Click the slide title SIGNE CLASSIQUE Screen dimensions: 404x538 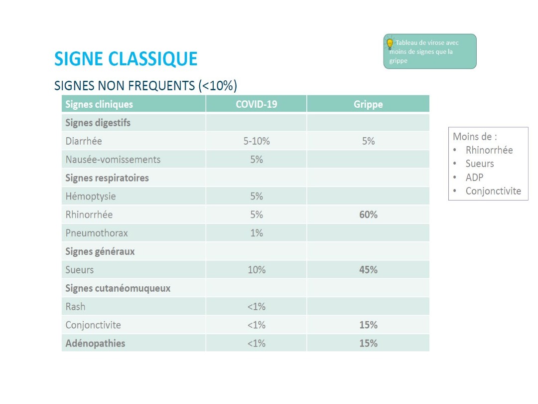(x=126, y=59)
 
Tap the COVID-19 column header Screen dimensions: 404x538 (x=256, y=104)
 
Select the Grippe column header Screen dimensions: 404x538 (x=368, y=104)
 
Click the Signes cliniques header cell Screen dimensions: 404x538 (x=99, y=104)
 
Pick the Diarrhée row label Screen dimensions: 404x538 (x=84, y=141)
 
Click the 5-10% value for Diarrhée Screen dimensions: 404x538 (x=256, y=141)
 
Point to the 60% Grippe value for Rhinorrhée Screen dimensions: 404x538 (x=368, y=214)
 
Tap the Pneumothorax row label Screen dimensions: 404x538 (x=97, y=233)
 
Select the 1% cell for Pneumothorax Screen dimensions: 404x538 (x=256, y=233)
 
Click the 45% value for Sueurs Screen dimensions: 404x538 (x=368, y=270)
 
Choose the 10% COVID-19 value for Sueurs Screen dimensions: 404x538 (x=256, y=270)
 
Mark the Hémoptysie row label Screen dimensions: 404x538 (x=91, y=197)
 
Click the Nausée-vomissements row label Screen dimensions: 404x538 (x=113, y=160)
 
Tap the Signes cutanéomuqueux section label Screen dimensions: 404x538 (x=118, y=288)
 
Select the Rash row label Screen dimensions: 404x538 (x=75, y=306)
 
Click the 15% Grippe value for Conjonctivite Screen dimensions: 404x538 (x=368, y=325)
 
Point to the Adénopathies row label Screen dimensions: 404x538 (x=95, y=343)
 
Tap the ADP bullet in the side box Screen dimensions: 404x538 (x=474, y=177)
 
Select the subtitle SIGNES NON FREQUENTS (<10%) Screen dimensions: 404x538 (x=145, y=86)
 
